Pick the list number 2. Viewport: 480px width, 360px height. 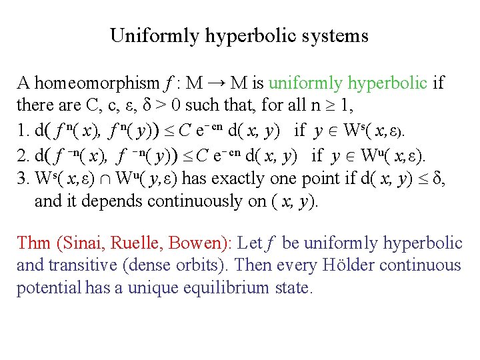(x=21, y=156)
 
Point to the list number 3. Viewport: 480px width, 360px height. (x=21, y=179)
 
